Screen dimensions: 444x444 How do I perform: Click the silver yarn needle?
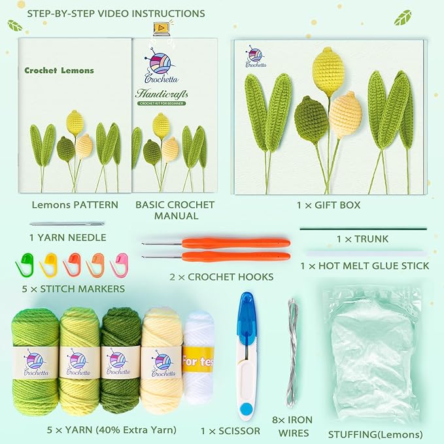(67, 224)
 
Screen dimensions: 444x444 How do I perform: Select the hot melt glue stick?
(364, 252)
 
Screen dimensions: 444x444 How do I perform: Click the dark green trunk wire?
(363, 229)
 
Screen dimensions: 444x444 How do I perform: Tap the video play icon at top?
(160, 27)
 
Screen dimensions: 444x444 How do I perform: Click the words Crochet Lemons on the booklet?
(59, 71)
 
